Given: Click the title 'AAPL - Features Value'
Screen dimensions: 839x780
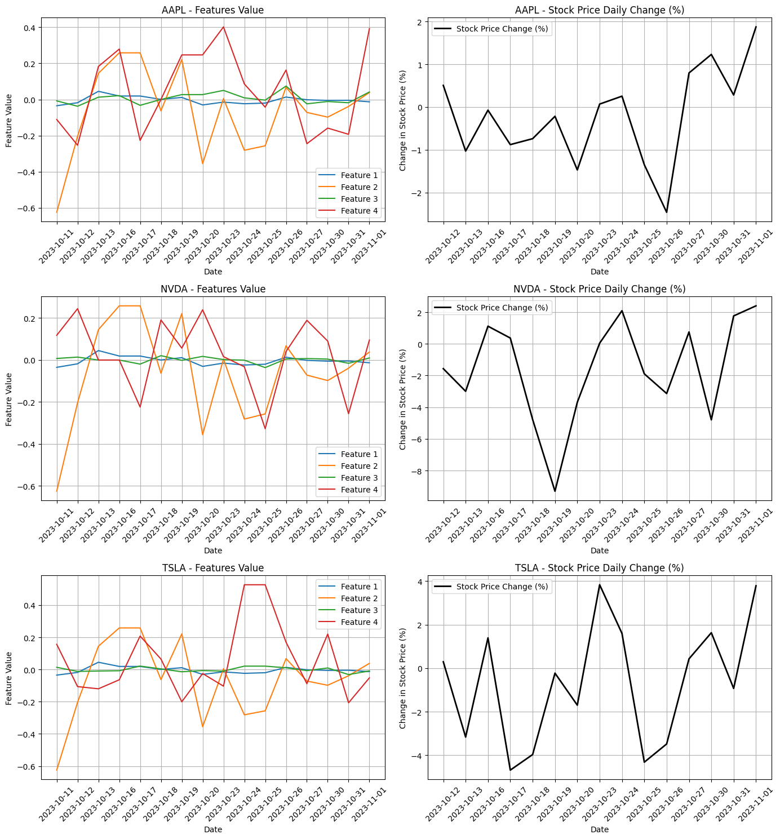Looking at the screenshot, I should (x=212, y=10).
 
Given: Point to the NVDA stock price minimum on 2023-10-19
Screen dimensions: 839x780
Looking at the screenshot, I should (x=555, y=491).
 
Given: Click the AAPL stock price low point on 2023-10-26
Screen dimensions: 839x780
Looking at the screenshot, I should (x=666, y=212).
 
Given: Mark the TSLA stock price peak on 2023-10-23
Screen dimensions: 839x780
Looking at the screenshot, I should (x=599, y=584).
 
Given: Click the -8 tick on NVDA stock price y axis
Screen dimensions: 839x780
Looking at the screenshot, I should (x=418, y=471).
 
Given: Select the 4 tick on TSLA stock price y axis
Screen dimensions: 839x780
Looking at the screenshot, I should (x=420, y=581).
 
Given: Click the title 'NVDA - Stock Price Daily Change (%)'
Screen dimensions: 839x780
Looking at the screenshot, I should (x=599, y=289).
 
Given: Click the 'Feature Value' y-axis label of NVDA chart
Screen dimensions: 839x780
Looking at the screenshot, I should (x=9, y=399).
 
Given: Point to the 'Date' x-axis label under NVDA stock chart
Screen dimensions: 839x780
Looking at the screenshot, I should (x=599, y=551).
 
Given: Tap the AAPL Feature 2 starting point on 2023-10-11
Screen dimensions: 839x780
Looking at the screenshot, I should (x=57, y=212).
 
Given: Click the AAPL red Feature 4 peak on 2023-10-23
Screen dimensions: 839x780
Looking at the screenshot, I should (x=224, y=27).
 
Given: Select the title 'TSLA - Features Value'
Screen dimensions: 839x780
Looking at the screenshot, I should (x=212, y=568).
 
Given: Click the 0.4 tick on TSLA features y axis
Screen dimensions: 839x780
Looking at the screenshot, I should (x=29, y=606).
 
